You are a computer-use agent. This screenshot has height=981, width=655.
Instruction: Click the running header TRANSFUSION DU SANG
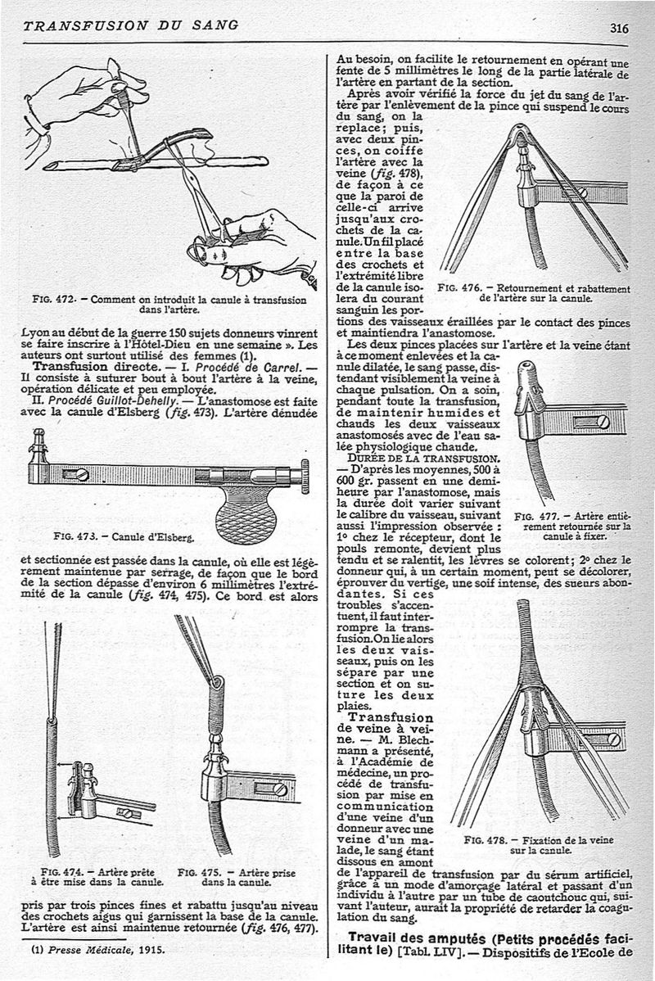[x=131, y=25]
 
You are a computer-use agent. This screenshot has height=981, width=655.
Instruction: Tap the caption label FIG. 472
[x=70, y=300]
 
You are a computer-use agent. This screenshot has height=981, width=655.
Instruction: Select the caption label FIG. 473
[x=71, y=538]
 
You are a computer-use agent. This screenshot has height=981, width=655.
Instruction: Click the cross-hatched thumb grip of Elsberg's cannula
[x=246, y=515]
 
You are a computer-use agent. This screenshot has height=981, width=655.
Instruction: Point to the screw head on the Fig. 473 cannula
[x=82, y=474]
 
